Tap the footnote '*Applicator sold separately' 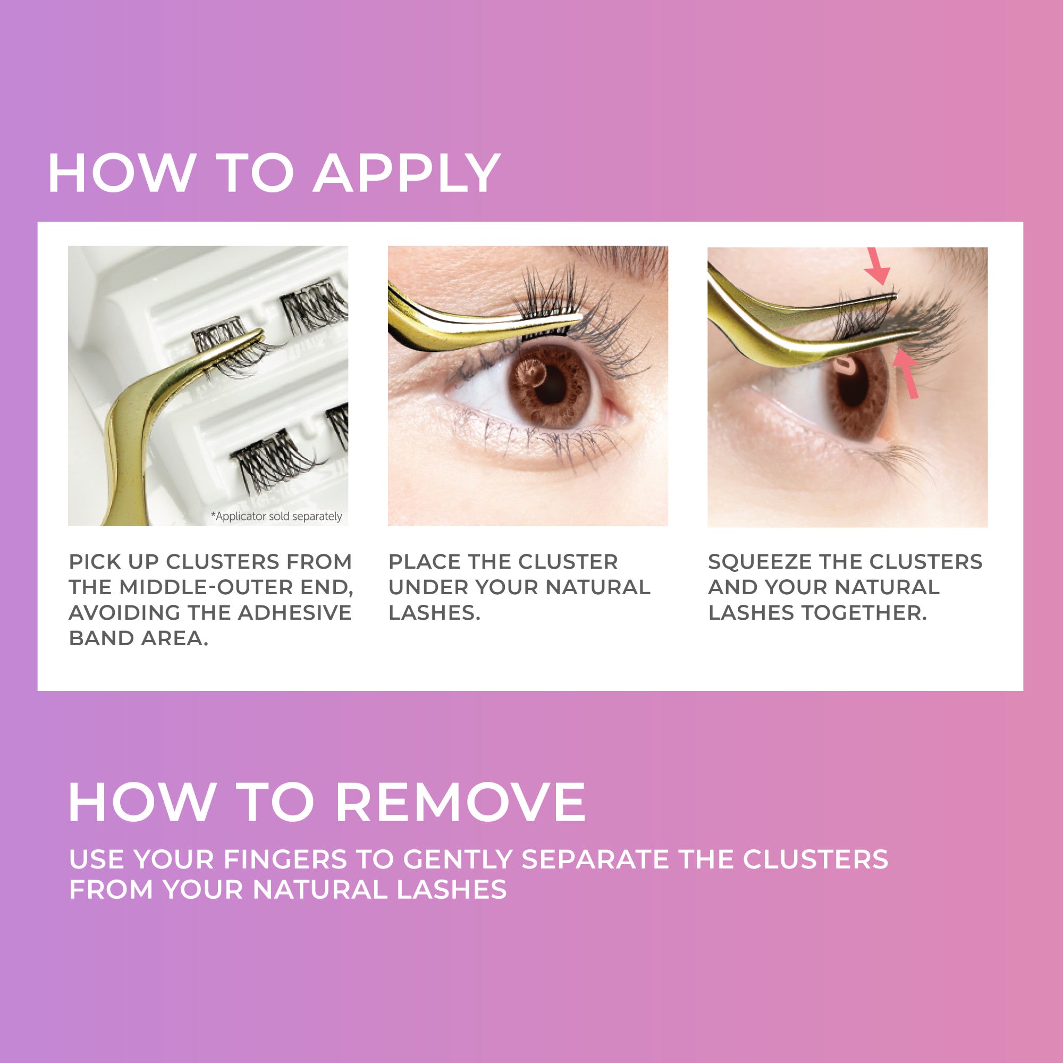click(276, 516)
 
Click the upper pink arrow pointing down click(877, 267)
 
